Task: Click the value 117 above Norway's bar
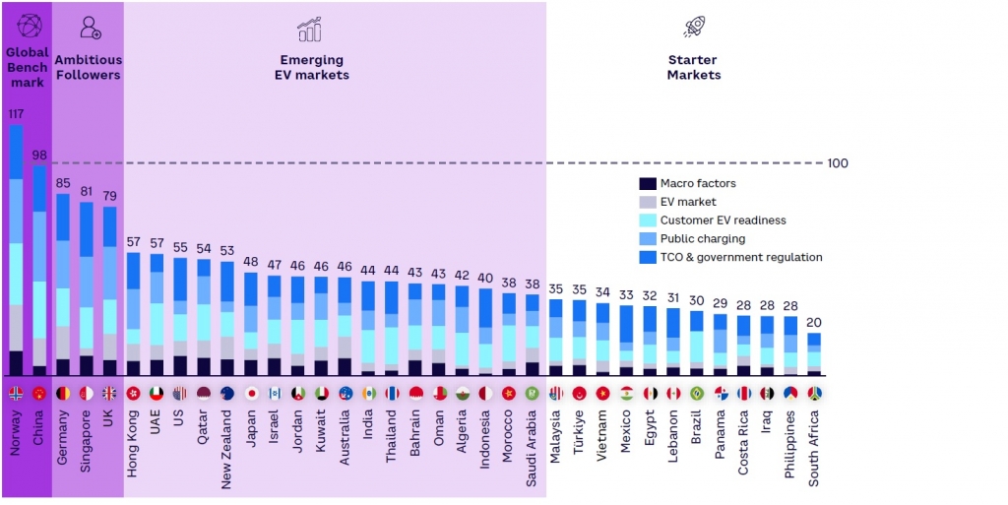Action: (16, 114)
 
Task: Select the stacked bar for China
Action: (39, 270)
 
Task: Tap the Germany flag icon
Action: (63, 393)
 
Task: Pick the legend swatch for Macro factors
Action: (647, 184)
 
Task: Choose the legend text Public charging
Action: (702, 238)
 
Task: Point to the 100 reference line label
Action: (837, 163)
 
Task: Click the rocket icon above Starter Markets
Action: (694, 28)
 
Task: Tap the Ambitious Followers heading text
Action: (88, 67)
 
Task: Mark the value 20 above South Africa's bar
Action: (814, 323)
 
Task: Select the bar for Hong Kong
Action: (134, 313)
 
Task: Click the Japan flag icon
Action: (251, 393)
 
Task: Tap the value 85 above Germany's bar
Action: (63, 182)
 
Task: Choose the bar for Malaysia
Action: (556, 337)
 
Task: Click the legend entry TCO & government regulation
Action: (741, 257)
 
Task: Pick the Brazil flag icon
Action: (697, 393)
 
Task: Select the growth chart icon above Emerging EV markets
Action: (310, 29)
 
